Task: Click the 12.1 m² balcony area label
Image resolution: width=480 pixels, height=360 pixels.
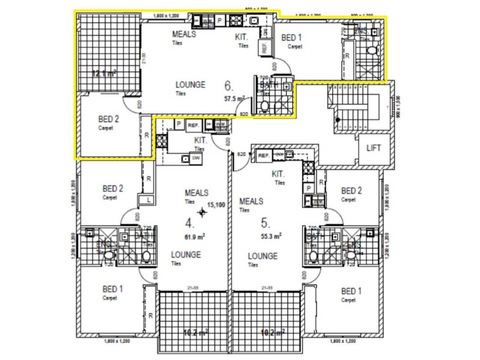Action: [104, 74]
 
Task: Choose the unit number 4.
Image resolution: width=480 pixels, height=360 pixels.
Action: [189, 224]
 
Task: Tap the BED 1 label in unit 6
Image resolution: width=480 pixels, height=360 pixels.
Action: [292, 38]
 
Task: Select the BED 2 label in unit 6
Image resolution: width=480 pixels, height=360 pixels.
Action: [109, 119]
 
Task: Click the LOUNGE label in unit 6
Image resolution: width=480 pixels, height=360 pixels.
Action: [191, 85]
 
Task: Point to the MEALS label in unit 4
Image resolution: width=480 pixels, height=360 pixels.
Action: [197, 193]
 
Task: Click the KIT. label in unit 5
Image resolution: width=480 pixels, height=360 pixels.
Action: [278, 174]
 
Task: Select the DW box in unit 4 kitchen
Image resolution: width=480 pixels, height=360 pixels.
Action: [196, 157]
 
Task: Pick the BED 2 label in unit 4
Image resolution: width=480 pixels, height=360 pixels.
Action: [112, 188]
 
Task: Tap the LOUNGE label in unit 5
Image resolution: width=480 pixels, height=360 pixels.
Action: [263, 256]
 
